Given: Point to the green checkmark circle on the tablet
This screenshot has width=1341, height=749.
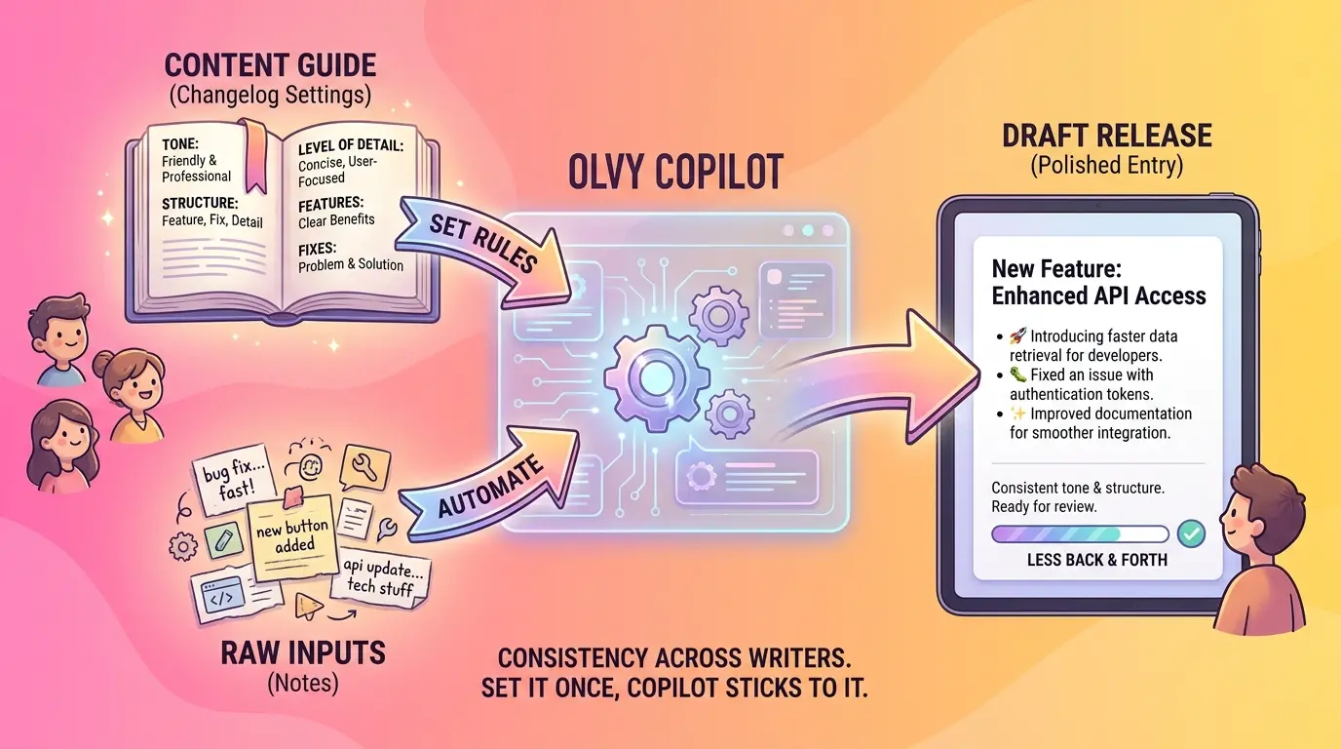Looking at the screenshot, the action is [x=1191, y=533].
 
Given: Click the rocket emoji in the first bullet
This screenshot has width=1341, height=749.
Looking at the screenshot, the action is [x=1017, y=335].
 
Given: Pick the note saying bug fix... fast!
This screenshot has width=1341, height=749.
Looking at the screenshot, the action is [x=232, y=480].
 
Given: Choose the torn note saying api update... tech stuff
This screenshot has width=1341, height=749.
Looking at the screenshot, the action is [x=379, y=577].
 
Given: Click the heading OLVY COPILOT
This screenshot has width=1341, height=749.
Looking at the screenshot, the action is [x=675, y=172].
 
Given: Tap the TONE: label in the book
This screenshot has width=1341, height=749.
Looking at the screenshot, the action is [x=179, y=143].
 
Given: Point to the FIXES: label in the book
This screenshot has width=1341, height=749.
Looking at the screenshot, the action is [x=317, y=248].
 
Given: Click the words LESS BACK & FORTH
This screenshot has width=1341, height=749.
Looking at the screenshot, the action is [x=1096, y=560].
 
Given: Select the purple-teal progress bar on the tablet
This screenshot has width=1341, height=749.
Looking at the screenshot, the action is [x=1080, y=533].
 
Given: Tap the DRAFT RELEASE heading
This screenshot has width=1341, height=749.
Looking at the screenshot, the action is [x=1107, y=136].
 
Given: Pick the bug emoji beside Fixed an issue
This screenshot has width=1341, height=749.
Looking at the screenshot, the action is [x=1017, y=374].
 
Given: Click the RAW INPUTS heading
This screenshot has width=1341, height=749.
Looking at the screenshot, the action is [x=303, y=652].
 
